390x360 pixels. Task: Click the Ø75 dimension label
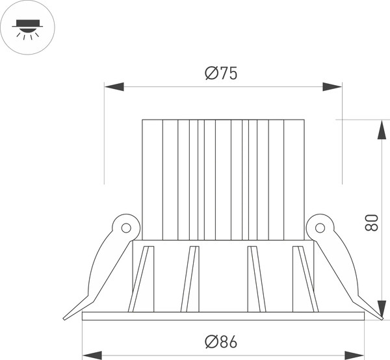tap(220, 73)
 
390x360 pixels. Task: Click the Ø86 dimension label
tap(220, 341)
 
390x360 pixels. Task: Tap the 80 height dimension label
tap(371, 223)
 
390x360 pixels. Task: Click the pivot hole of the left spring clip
tap(126, 228)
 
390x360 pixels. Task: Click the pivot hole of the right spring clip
tap(320, 228)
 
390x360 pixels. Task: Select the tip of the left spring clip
tap(66, 317)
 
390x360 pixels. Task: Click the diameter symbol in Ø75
tap(211, 73)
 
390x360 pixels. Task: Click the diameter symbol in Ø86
tap(211, 341)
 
